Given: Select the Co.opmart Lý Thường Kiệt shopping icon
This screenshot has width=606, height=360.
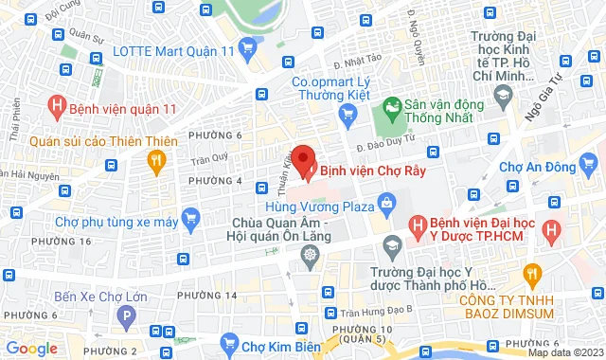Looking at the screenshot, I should pos(348,114).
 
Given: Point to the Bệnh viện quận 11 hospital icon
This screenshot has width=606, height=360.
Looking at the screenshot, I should pos(59,108).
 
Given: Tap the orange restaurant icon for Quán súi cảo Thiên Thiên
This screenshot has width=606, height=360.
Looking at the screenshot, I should pos(156,163).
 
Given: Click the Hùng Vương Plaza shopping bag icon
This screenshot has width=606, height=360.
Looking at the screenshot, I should pos(386,203).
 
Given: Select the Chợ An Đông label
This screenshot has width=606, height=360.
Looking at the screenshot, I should pos(550,168).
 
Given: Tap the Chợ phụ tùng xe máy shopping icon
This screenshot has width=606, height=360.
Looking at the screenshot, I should pos(190,222).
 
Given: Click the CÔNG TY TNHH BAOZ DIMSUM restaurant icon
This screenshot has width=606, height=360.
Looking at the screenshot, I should pos(532,275).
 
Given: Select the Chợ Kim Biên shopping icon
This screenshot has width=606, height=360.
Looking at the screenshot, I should pos(227,342).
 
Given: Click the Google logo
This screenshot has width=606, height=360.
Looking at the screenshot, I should pos(30,349).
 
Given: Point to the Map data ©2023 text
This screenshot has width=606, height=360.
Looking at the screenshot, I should pos(564,352).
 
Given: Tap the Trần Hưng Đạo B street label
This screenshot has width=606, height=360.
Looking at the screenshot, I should pos(378,312).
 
